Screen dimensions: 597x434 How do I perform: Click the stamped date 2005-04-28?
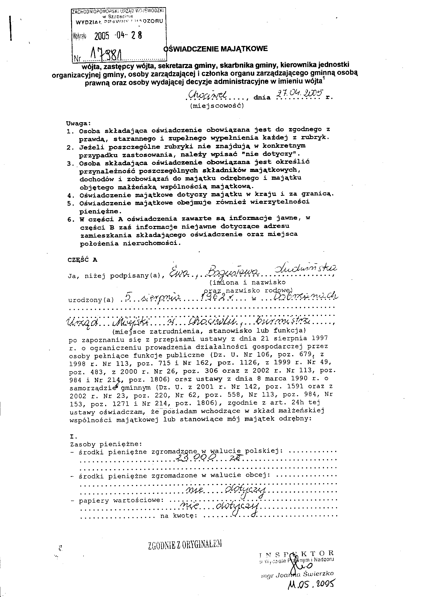coord(118,35)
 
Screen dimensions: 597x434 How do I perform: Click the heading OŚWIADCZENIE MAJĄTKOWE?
coord(216,49)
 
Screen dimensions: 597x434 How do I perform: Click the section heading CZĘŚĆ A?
coord(82,259)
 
